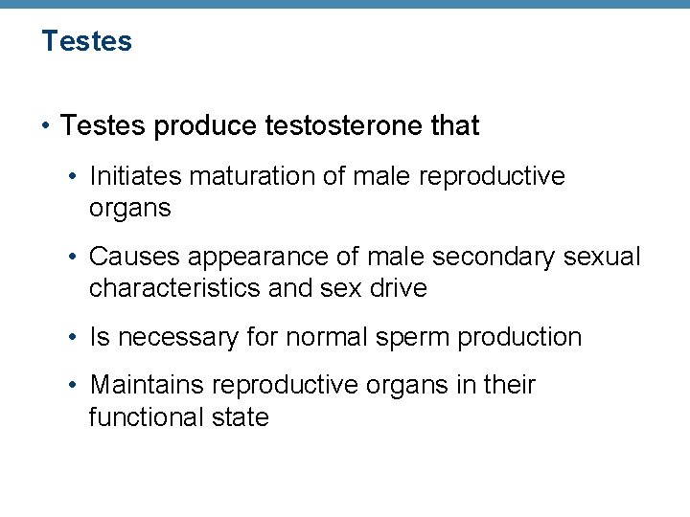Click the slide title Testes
[86, 41]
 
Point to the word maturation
[247, 176]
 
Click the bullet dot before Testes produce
[46, 126]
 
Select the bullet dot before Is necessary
[74, 338]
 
